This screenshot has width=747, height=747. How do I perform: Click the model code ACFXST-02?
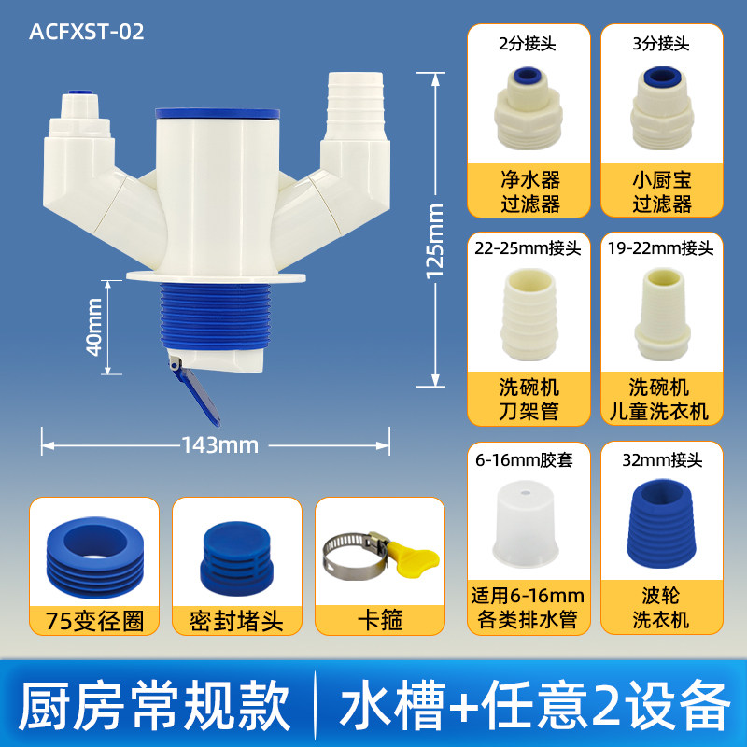click(86, 32)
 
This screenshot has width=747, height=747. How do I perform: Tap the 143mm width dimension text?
click(220, 445)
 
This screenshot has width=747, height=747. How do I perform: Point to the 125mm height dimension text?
click(434, 241)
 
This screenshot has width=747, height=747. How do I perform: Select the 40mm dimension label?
click(94, 327)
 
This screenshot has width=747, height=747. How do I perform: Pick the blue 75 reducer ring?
click(95, 557)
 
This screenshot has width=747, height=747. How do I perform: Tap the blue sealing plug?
click(237, 557)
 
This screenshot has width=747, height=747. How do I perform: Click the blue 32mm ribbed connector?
click(662, 524)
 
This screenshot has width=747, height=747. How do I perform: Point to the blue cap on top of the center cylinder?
click(218, 113)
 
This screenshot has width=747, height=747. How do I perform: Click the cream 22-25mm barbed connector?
click(529, 315)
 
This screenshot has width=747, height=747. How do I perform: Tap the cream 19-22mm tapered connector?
click(662, 315)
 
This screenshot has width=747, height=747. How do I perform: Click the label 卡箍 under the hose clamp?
click(380, 620)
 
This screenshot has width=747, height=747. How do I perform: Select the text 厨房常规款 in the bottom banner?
click(155, 706)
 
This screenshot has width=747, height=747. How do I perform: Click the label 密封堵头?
click(236, 620)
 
